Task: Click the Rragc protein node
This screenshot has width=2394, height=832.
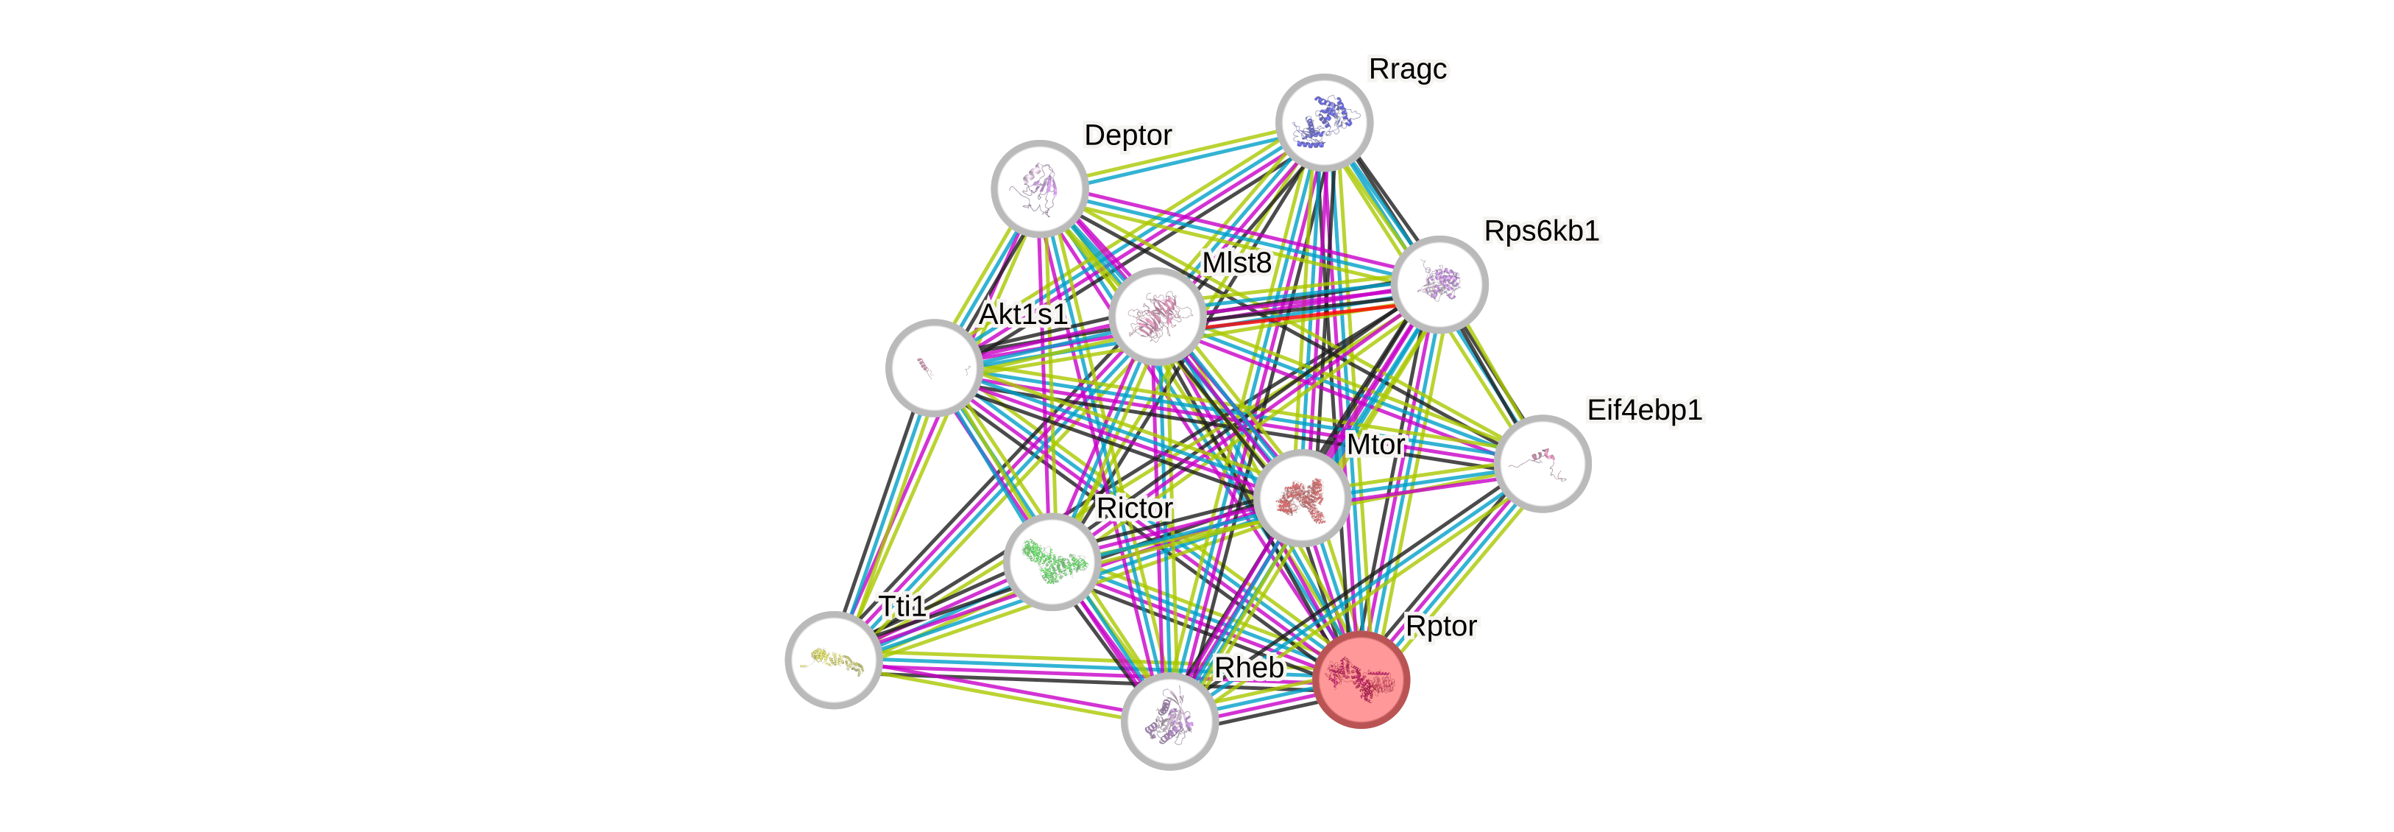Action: pyautogui.click(x=1323, y=121)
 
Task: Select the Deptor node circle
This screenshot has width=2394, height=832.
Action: pyautogui.click(x=1039, y=188)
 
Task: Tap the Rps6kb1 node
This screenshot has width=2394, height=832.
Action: pyautogui.click(x=1439, y=284)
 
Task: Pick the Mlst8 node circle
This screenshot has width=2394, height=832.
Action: pyautogui.click(x=1157, y=316)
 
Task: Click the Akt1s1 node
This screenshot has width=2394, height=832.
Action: pyautogui.click(x=934, y=367)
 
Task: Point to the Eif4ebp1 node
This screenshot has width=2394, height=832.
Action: pyautogui.click(x=1543, y=463)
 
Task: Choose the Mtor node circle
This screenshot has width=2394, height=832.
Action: pyautogui.click(x=1302, y=497)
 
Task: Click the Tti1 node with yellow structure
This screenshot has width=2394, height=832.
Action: pyautogui.click(x=832, y=659)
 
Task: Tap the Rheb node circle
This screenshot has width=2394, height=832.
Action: pyautogui.click(x=1169, y=720)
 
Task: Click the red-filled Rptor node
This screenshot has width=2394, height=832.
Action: pyautogui.click(x=1361, y=680)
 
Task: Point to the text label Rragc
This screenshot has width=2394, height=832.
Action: pyautogui.click(x=1408, y=68)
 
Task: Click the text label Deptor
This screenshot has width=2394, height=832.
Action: pyautogui.click(x=1128, y=135)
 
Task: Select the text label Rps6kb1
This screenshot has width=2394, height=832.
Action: pyautogui.click(x=1541, y=230)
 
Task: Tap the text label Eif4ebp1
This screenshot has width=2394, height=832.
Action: pyautogui.click(x=1644, y=410)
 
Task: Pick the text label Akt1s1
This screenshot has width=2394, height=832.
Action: pyautogui.click(x=1023, y=314)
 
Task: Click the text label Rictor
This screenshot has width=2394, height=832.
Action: pyautogui.click(x=1134, y=509)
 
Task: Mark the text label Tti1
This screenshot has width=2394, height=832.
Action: pyautogui.click(x=902, y=606)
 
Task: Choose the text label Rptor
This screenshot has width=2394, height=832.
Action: pyautogui.click(x=1440, y=627)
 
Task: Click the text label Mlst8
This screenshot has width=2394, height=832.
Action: pyautogui.click(x=1236, y=263)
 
